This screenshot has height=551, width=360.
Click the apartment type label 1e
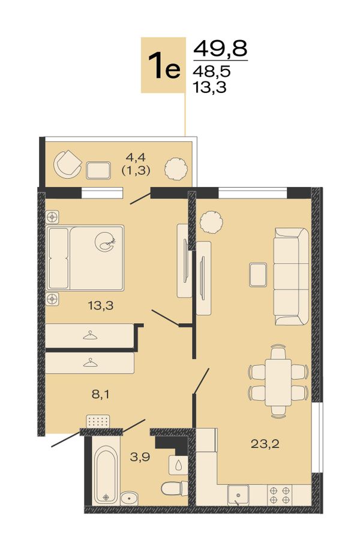164,66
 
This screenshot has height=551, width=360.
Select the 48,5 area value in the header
211,71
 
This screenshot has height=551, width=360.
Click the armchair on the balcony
67,164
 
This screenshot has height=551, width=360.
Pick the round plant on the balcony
175,168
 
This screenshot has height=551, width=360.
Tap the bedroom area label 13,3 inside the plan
101,305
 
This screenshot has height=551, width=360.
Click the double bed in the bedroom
85,258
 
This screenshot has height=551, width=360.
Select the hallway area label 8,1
101,395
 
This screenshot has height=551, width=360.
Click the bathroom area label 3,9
140,457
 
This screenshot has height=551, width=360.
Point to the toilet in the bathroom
175,488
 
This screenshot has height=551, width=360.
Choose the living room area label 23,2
265,444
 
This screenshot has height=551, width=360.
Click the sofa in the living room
291,276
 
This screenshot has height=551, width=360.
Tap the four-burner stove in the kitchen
280,495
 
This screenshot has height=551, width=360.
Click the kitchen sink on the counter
238,495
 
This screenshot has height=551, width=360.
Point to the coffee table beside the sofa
258,274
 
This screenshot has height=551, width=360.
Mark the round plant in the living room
211,222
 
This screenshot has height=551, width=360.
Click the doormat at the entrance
98,421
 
